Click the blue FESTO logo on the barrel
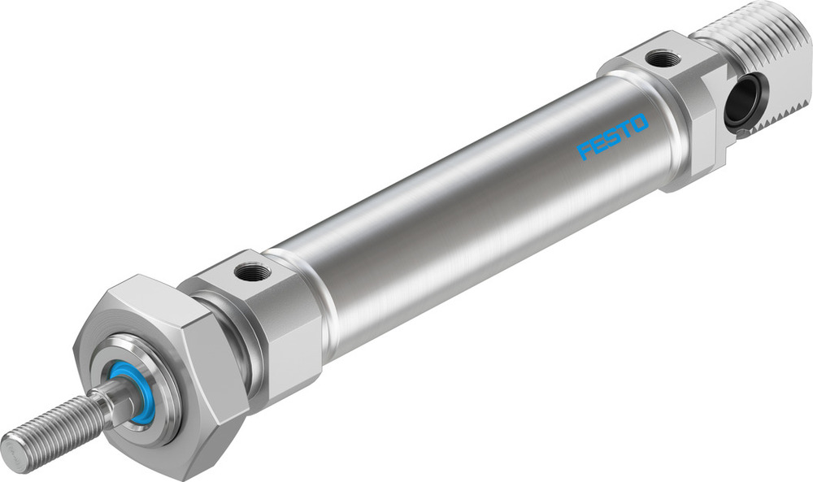pos(613,137)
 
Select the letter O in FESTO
pos(639,124)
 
